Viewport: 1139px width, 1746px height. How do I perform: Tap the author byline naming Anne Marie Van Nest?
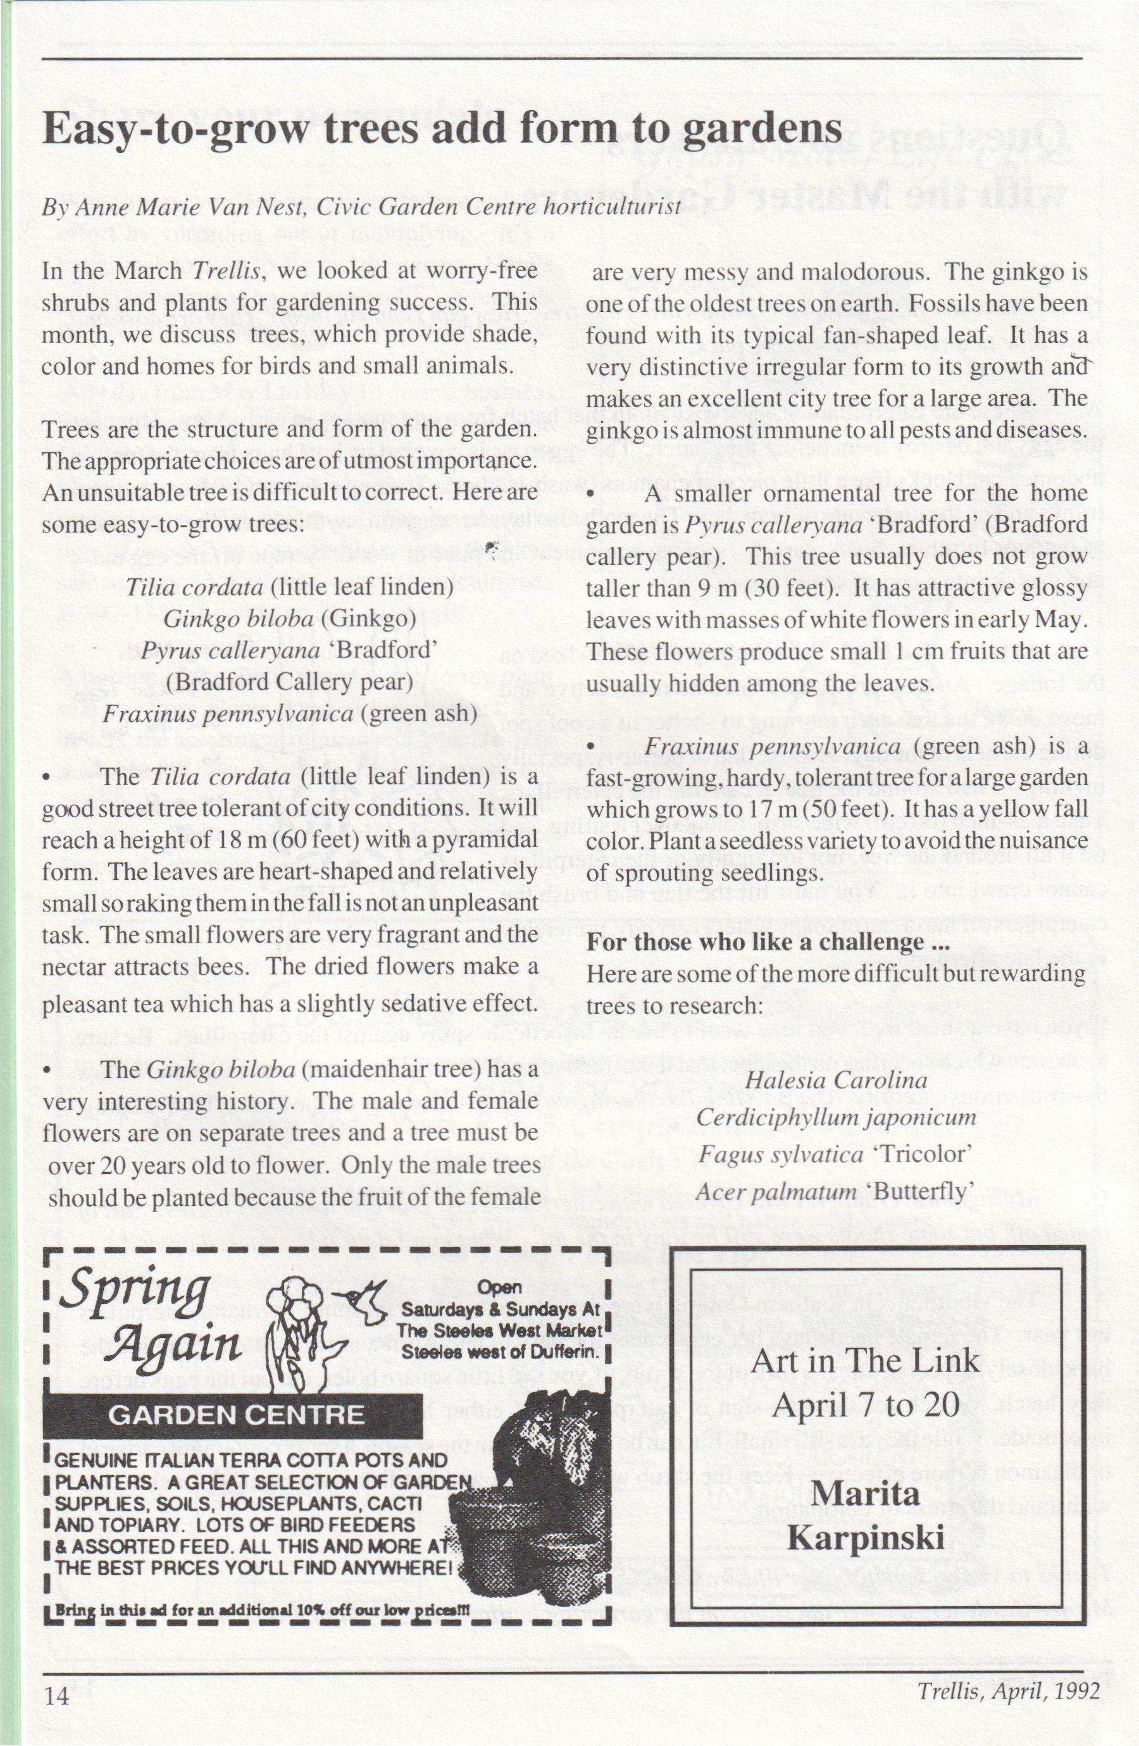(361, 207)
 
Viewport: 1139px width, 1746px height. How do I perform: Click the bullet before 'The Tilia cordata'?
(47, 778)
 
